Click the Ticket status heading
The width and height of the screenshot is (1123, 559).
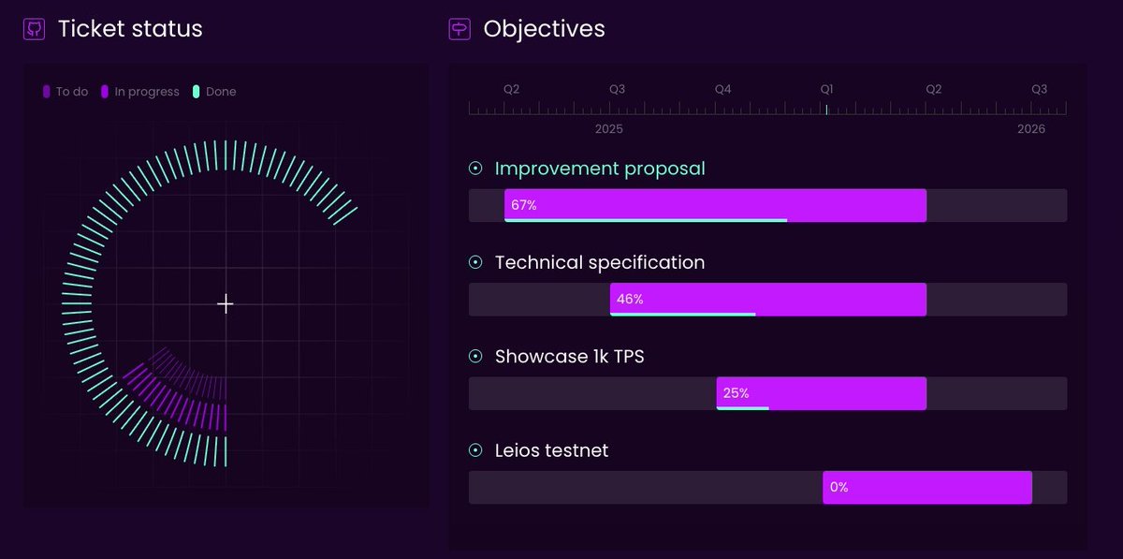pyautogui.click(x=130, y=29)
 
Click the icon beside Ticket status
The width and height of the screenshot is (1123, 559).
pyautogui.click(x=34, y=29)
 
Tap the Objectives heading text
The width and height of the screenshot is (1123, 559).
pyautogui.click(x=544, y=29)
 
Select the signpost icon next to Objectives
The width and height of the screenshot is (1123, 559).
pyautogui.click(x=459, y=29)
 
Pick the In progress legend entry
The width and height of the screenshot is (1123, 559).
pyautogui.click(x=139, y=92)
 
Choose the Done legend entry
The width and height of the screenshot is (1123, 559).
pyautogui.click(x=214, y=92)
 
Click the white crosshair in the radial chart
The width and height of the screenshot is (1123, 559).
pyautogui.click(x=226, y=303)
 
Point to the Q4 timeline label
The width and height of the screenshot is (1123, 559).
pyautogui.click(x=722, y=89)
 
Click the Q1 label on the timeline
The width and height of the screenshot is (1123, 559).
pyautogui.click(x=827, y=89)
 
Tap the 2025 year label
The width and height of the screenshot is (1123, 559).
pyautogui.click(x=608, y=129)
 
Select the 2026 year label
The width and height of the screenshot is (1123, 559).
pyautogui.click(x=1031, y=129)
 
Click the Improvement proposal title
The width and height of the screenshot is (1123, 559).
pyautogui.click(x=600, y=169)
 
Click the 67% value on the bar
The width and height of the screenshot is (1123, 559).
pyautogui.click(x=524, y=205)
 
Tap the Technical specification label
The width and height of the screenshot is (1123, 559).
pyautogui.click(x=600, y=263)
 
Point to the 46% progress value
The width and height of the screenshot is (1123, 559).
pyautogui.click(x=630, y=300)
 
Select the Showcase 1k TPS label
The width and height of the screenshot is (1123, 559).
pyautogui.click(x=569, y=357)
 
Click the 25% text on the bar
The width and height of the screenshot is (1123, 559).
pyautogui.click(x=736, y=393)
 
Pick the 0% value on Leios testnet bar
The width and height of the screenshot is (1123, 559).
pyautogui.click(x=839, y=487)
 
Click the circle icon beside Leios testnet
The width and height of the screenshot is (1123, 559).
pyautogui.click(x=475, y=450)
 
